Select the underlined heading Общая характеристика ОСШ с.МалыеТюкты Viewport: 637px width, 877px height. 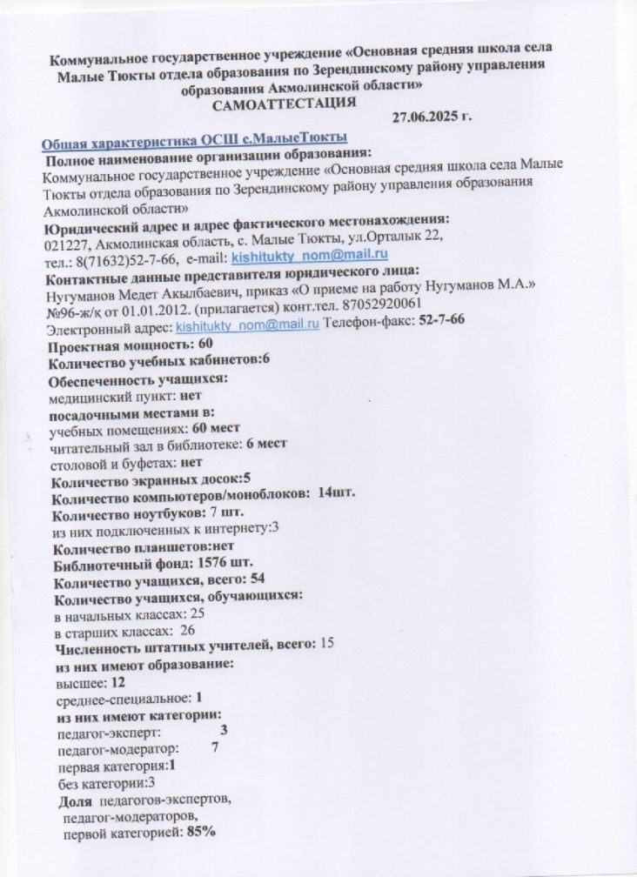pos(196,140)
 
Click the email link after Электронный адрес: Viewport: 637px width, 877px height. pos(248,323)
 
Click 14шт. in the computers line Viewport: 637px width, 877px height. pos(337,496)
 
